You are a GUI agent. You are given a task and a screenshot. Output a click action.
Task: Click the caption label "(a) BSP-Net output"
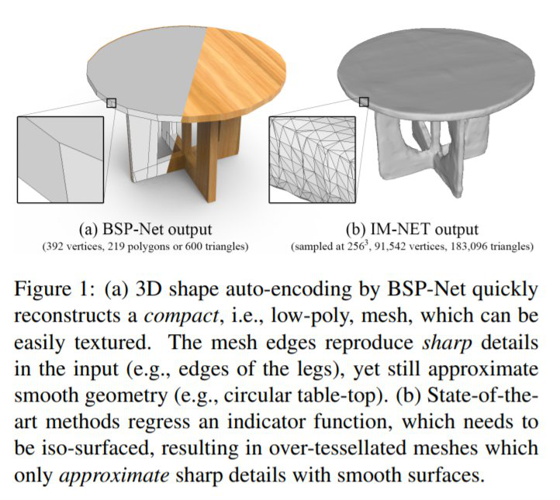coord(147,230)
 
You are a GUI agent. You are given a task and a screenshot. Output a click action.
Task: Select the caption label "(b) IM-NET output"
coord(412,230)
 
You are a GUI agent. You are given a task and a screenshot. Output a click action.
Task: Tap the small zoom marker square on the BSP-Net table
coord(111,102)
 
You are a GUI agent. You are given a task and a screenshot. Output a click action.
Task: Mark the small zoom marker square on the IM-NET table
coord(364,102)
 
